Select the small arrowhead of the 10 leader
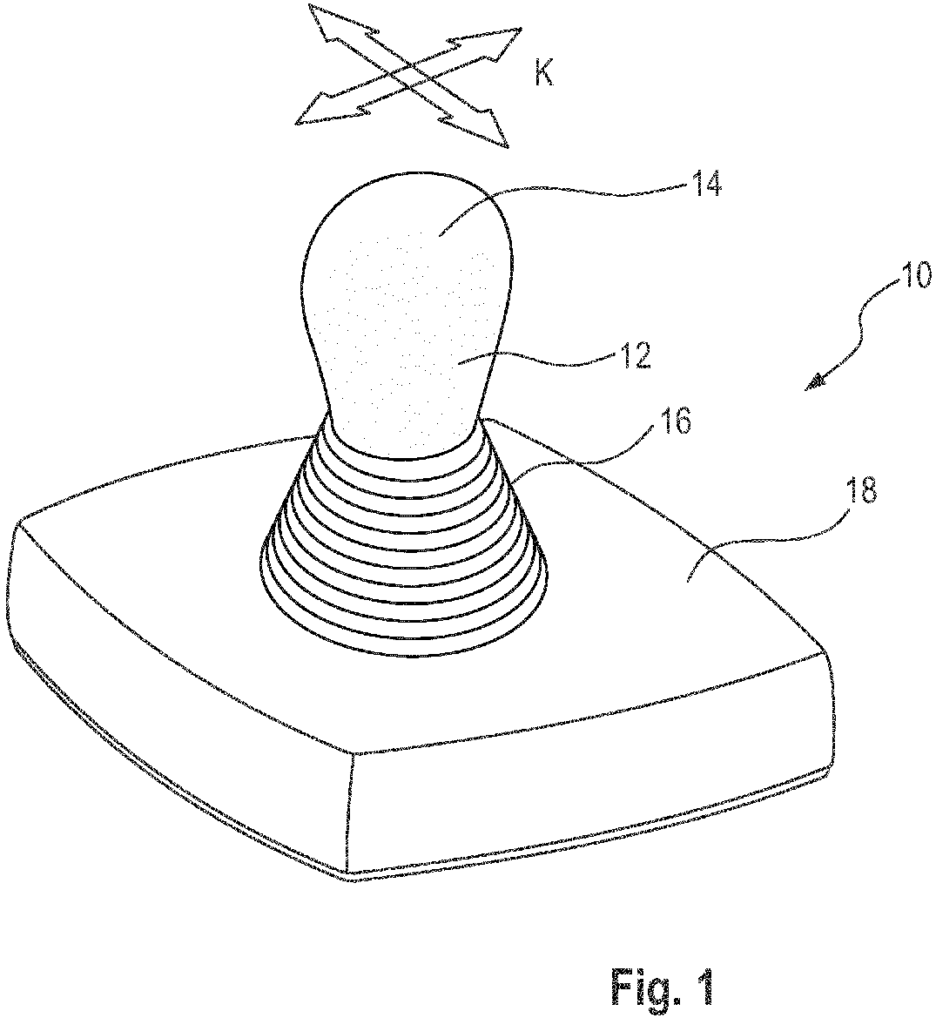click(x=815, y=385)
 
